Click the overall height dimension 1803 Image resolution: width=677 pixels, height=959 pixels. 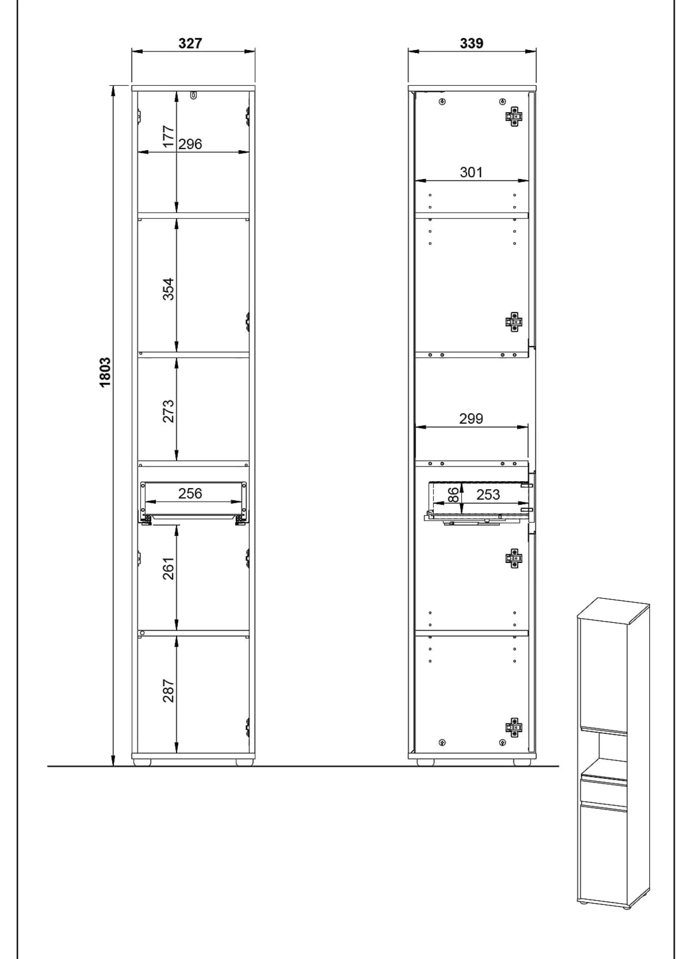click(x=105, y=372)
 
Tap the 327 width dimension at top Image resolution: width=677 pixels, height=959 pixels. click(x=190, y=43)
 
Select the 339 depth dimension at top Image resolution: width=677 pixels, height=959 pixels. click(x=472, y=43)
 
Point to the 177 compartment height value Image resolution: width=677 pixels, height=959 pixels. click(x=168, y=136)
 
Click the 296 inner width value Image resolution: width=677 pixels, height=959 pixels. click(x=190, y=144)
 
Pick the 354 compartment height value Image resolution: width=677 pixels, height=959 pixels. click(x=168, y=289)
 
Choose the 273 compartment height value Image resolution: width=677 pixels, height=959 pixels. click(x=168, y=411)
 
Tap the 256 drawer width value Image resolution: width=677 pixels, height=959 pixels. click(x=190, y=493)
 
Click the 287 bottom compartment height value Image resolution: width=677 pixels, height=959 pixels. click(x=168, y=690)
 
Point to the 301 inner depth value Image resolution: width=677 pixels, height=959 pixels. click(x=471, y=172)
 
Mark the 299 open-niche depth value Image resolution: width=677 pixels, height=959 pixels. click(x=471, y=418)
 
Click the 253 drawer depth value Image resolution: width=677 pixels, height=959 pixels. click(x=488, y=494)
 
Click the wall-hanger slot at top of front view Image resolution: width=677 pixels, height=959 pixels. click(x=193, y=96)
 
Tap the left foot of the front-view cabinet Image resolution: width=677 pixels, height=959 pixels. click(x=142, y=762)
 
